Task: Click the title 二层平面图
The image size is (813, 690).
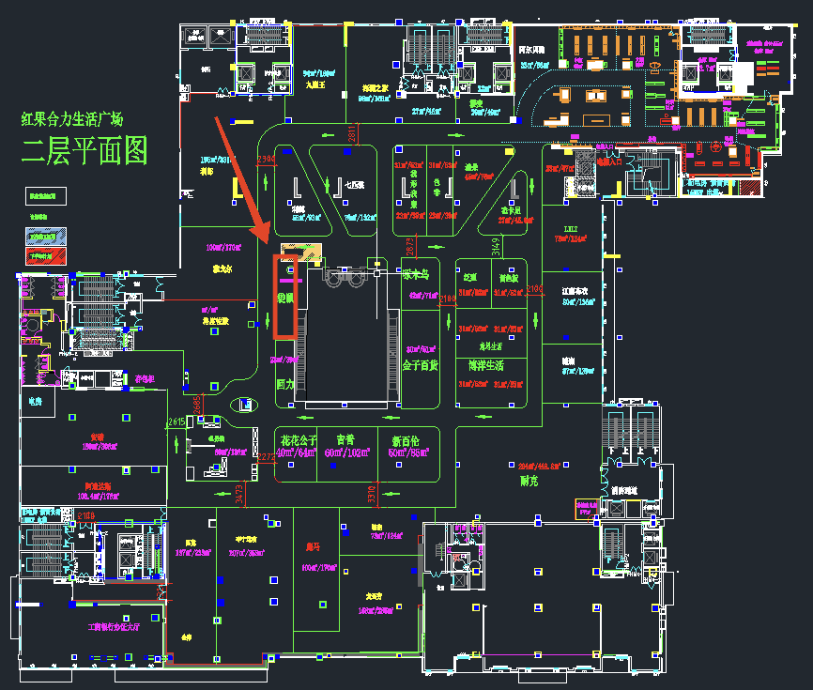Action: click(x=84, y=150)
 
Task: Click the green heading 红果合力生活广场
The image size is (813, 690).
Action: click(x=72, y=119)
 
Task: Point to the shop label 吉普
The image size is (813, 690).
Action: click(x=345, y=439)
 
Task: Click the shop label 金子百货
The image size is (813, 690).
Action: click(x=420, y=364)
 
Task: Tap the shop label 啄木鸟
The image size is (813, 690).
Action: click(x=416, y=276)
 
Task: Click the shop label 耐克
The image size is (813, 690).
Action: click(x=529, y=480)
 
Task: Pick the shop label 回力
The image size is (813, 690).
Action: click(x=284, y=384)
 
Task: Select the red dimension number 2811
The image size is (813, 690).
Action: click(x=351, y=134)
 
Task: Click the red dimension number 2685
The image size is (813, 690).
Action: click(x=197, y=403)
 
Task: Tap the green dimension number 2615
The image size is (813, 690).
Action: click(x=176, y=422)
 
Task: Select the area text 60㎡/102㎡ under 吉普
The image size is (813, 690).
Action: click(x=346, y=452)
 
